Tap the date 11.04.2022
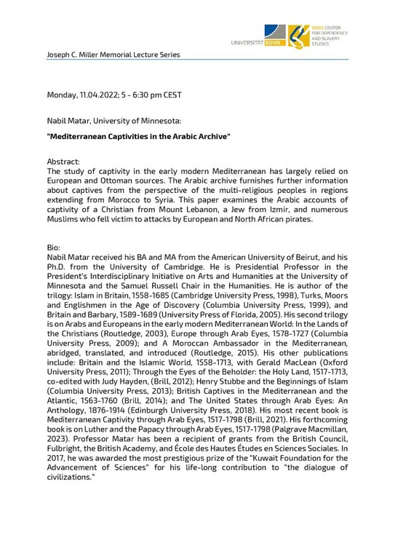103,95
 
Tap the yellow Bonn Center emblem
298,35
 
